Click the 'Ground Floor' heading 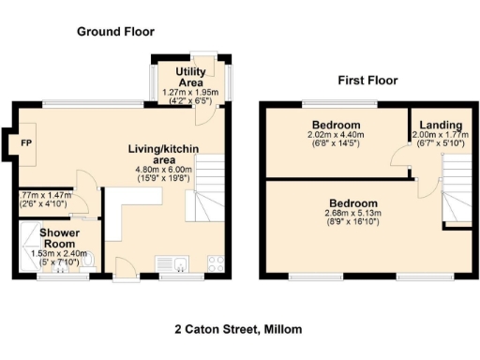[114, 31]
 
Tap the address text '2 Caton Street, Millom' [238, 330]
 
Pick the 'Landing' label [440, 125]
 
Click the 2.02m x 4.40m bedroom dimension [337, 135]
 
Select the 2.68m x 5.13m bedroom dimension [352, 215]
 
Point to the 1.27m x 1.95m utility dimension [189, 93]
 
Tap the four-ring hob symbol [215, 262]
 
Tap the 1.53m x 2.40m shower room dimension [59, 252]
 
